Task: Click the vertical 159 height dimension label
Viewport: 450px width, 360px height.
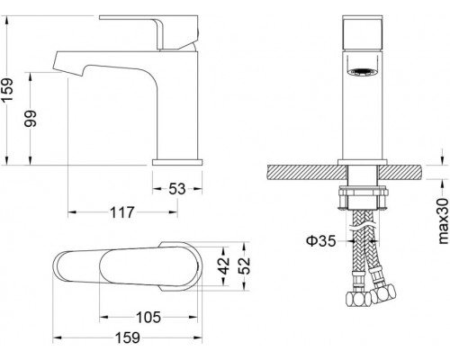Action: point(7,90)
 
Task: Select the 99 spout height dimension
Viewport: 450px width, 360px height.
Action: point(31,119)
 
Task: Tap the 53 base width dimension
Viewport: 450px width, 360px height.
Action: point(177,189)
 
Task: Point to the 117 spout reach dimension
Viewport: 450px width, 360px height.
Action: point(121,212)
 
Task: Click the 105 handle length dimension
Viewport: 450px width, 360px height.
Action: point(148,317)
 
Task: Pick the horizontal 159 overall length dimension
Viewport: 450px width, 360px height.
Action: point(128,337)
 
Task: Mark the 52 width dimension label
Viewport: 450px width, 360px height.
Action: point(244,265)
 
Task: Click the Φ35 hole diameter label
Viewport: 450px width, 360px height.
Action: point(320,240)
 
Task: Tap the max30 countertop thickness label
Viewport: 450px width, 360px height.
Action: point(443,221)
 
